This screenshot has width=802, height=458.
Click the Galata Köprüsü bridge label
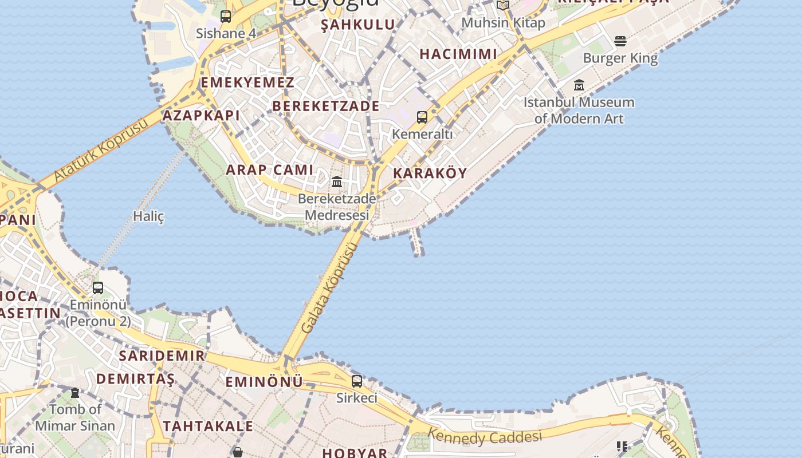[330, 288]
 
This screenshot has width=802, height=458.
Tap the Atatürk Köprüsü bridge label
[101, 152]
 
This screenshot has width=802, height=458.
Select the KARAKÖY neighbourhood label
[430, 173]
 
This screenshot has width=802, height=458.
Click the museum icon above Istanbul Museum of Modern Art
[579, 85]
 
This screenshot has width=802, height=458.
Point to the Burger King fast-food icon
[620, 41]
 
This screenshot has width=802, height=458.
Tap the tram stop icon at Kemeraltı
[422, 117]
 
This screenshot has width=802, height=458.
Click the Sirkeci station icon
[357, 381]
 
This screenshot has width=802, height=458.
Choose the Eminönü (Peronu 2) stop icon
[98, 287]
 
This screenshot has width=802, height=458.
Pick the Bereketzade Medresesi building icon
[337, 182]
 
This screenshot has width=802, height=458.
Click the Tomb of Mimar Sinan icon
[75, 393]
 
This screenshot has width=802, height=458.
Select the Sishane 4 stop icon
[226, 16]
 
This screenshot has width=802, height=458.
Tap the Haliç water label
[148, 216]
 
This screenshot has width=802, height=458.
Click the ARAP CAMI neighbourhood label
[270, 169]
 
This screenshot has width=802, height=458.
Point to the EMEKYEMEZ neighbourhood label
[247, 82]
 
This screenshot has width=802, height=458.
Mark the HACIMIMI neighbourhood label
[458, 54]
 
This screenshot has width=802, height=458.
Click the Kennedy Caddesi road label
[485, 437]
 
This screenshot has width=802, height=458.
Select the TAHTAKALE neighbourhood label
[208, 426]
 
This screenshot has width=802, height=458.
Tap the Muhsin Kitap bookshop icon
[503, 6]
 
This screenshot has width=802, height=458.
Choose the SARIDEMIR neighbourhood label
[162, 356]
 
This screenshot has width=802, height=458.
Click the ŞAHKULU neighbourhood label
[358, 25]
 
